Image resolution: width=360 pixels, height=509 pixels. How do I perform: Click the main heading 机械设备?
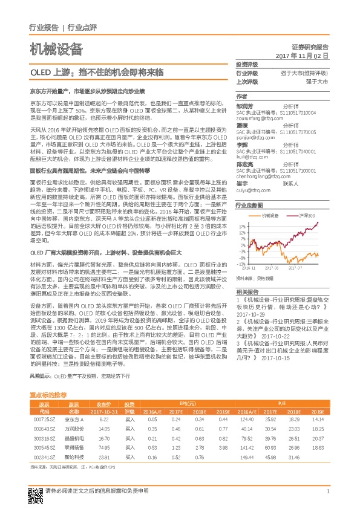[x=56, y=49]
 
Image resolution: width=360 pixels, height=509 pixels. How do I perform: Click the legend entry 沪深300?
[x=308, y=215]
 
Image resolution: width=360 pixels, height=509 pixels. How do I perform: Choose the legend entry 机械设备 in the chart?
[x=271, y=215]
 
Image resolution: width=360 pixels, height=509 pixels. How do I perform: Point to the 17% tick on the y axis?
[x=242, y=224]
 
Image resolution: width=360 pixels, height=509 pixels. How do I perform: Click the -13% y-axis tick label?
[x=241, y=264]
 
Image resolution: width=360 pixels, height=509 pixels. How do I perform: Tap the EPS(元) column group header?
[x=188, y=403]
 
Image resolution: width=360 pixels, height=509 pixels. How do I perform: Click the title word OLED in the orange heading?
[x=41, y=72]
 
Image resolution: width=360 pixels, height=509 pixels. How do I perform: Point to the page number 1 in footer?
[x=327, y=491]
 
